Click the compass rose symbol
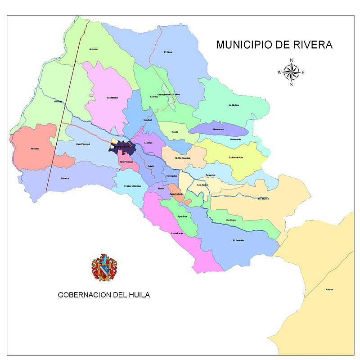[292, 72]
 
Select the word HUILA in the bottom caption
[137, 295]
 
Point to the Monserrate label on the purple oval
[218, 130]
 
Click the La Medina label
[234, 105]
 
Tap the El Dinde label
[168, 52]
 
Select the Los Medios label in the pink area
[112, 98]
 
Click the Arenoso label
[94, 49]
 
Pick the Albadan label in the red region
[35, 148]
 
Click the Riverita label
[65, 179]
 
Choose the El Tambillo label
[238, 240]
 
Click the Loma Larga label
[178, 233]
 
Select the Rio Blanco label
[263, 198]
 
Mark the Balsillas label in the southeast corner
[329, 289]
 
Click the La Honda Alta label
[236, 157]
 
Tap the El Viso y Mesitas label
[133, 186]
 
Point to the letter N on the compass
[292, 60]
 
